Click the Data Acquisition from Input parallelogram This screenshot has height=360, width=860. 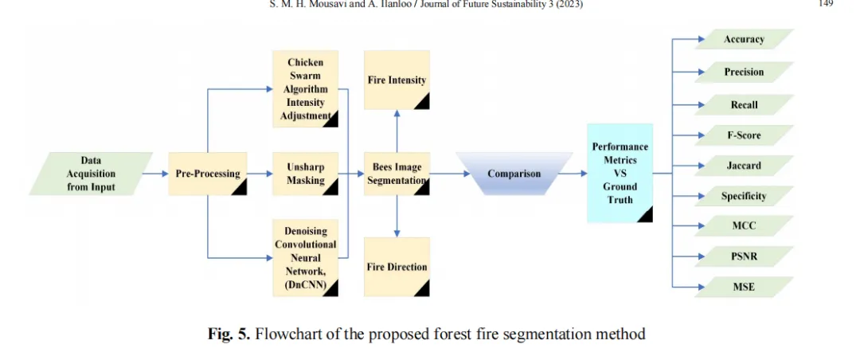pos(91,174)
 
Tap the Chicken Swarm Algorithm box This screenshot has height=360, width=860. pos(305,88)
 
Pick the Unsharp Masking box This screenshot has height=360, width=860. pos(305,174)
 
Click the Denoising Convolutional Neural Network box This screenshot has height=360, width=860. pos(305,257)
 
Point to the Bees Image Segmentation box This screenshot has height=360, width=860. pos(397,174)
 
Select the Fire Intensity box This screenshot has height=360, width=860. pos(397,80)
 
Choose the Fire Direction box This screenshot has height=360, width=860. pos(397,267)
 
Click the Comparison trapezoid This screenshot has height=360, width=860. pos(514,174)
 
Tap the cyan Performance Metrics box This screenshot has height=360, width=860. pos(620,173)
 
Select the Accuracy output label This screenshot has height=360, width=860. pos(744,39)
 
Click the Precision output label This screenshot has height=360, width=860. pos(744,72)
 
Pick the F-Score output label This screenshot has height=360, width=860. pos(744,135)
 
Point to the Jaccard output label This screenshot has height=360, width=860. pos(744,166)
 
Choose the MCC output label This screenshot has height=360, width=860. pos(744,225)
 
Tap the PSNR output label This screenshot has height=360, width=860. pos(744,256)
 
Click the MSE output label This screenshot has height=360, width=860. pos(744,287)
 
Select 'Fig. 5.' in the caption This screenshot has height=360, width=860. pos(229,334)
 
